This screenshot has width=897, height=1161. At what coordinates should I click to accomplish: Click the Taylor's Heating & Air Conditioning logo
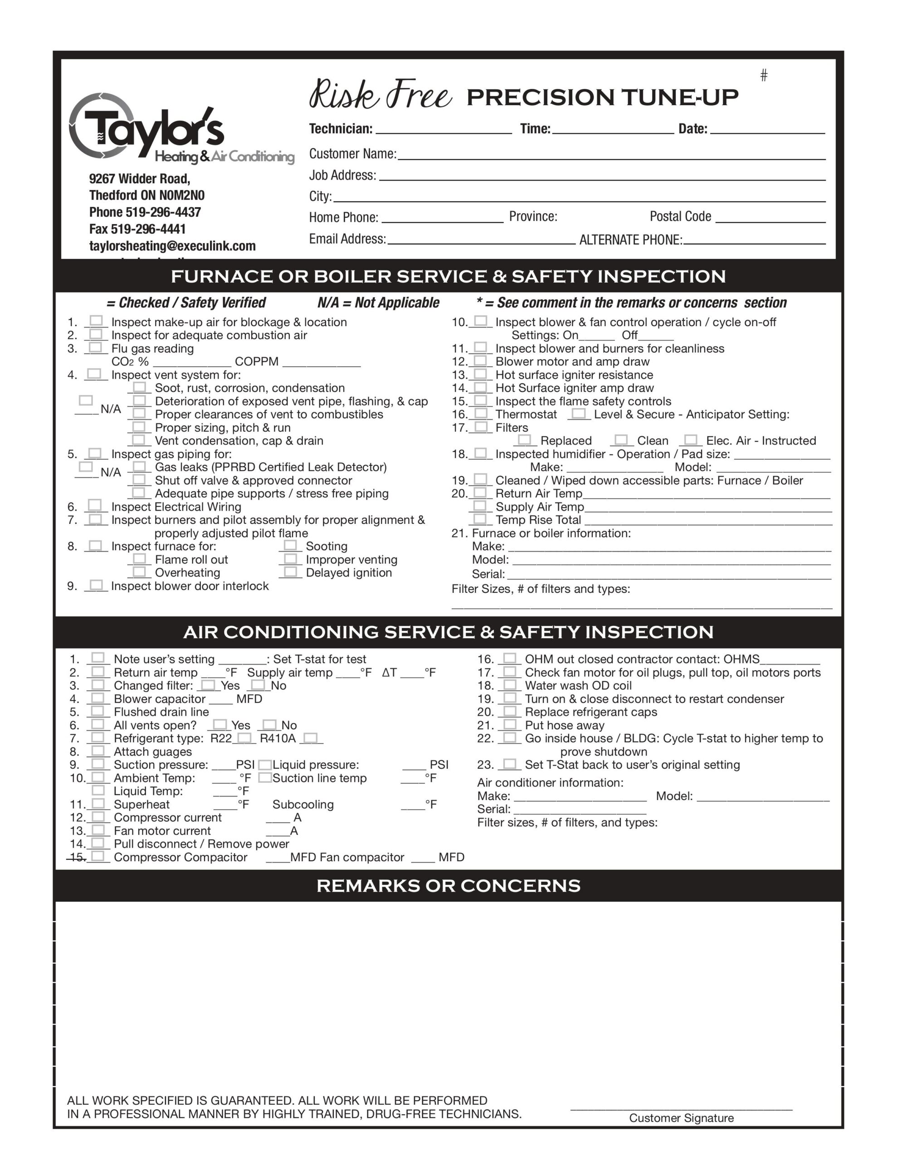(181, 129)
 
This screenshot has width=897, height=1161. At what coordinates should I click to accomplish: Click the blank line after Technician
(444, 130)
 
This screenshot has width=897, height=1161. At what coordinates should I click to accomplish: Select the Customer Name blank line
(611, 155)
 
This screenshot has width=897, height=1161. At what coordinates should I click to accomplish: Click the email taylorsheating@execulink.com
(172, 246)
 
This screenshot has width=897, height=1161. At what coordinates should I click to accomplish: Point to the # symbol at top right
(764, 75)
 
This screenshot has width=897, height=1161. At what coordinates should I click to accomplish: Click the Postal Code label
(680, 216)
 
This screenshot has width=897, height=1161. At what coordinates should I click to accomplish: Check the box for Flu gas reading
(96, 348)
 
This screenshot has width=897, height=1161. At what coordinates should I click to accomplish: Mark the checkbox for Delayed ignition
(290, 571)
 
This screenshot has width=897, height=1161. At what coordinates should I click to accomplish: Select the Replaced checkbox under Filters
(525, 439)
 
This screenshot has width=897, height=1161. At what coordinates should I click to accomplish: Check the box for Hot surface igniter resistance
(481, 374)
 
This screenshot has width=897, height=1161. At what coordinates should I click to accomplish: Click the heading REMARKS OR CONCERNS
(448, 886)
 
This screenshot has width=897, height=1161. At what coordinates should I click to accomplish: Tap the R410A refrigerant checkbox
(311, 738)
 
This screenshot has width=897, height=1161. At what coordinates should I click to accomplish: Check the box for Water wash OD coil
(510, 685)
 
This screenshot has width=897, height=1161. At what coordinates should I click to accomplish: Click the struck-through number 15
(78, 857)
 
